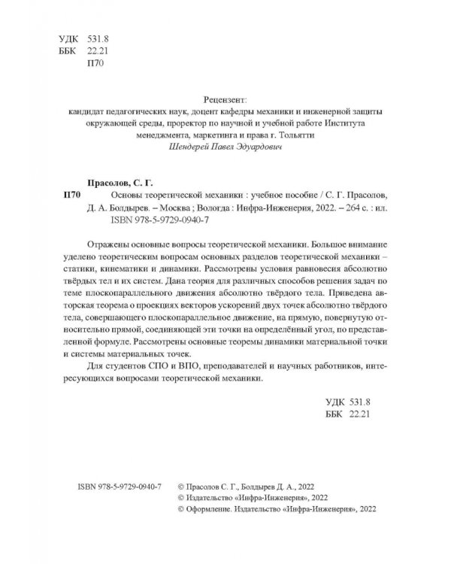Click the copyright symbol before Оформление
click(177, 508)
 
